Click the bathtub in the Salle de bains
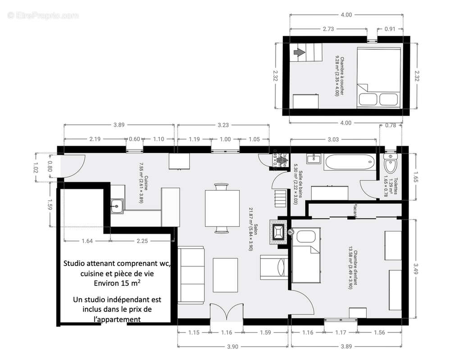pos(349,162)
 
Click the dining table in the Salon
pos(222,209)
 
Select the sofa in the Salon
pos(192,275)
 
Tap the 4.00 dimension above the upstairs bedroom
pos(346,15)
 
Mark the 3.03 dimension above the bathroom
pos(333,139)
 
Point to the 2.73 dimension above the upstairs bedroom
pos(328,29)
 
